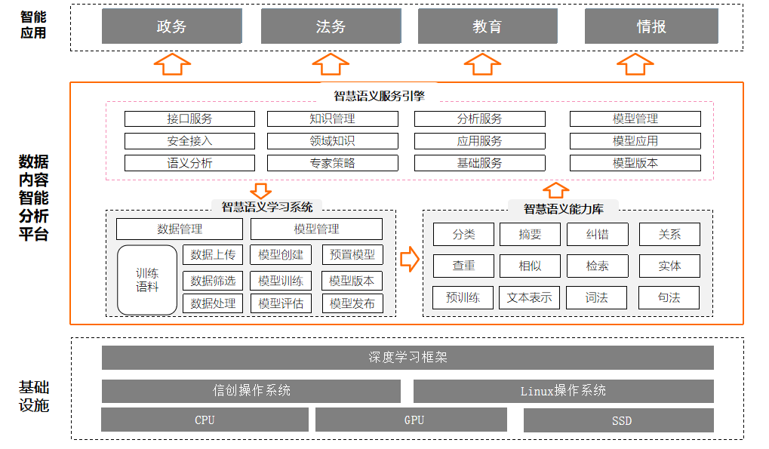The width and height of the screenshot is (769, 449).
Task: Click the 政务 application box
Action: point(171,26)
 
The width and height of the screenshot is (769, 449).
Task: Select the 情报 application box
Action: point(651,26)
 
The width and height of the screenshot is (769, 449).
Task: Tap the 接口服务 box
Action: point(190,118)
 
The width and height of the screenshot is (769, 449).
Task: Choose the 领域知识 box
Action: point(333,141)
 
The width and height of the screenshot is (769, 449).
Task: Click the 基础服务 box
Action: point(480,163)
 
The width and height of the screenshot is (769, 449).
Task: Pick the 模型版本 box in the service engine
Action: point(635,163)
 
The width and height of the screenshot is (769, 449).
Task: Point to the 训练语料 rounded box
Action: point(147,280)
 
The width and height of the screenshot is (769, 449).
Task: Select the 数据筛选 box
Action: point(213,281)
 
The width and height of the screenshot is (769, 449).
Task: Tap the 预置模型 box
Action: point(352,255)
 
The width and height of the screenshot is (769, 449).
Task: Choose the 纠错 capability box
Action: point(598,234)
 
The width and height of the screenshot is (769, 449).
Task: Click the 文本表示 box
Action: point(529,297)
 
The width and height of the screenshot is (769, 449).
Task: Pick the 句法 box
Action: point(669,297)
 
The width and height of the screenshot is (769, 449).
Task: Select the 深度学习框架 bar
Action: point(408,358)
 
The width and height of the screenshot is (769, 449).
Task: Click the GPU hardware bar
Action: point(411,420)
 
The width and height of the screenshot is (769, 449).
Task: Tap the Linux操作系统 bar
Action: point(564,391)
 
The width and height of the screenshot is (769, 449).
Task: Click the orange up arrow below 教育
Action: point(482,64)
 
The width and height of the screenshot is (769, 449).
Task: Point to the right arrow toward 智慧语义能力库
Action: point(410,259)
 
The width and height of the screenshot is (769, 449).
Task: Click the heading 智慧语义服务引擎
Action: point(379,96)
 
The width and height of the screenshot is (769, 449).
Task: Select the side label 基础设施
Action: point(34,396)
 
